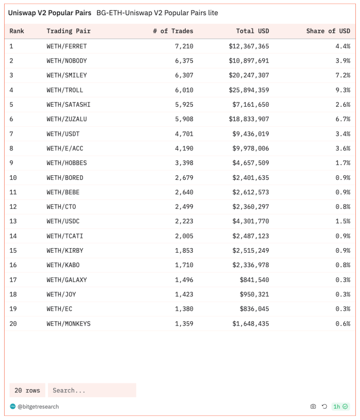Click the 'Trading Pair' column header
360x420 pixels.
click(x=69, y=31)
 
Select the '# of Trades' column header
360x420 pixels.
click(x=173, y=31)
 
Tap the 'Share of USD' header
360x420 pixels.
click(x=328, y=31)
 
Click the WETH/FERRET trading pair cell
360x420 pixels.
click(x=66, y=46)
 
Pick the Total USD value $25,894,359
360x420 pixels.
click(x=248, y=90)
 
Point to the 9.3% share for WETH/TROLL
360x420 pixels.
click(x=343, y=90)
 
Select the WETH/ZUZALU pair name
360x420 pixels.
click(x=66, y=119)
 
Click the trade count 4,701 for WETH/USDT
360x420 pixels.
click(x=184, y=134)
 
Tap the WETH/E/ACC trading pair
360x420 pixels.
click(x=65, y=148)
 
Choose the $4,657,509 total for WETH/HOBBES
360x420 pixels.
click(x=250, y=163)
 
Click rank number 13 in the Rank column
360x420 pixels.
click(x=13, y=221)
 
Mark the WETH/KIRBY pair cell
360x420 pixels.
click(x=65, y=250)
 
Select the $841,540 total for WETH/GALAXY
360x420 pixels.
click(x=254, y=279)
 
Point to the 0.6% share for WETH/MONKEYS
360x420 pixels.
click(x=343, y=323)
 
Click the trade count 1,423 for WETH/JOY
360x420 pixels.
click(x=184, y=294)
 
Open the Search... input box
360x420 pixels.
click(x=92, y=390)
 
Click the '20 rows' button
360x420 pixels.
click(x=27, y=390)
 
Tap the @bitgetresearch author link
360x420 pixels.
click(x=38, y=406)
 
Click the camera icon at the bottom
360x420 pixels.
click(x=313, y=406)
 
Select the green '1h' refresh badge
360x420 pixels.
click(x=340, y=406)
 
